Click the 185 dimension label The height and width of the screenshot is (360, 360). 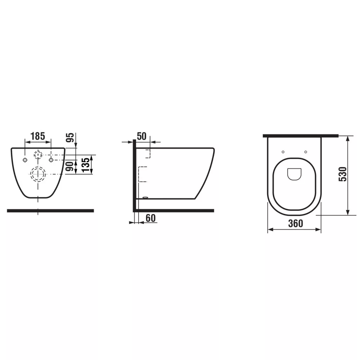click(x=38, y=136)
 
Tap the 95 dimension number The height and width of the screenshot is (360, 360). click(x=71, y=138)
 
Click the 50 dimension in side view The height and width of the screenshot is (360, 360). click(x=141, y=136)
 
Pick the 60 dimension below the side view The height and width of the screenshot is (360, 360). click(x=150, y=218)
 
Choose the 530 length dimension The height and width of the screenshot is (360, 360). click(x=343, y=174)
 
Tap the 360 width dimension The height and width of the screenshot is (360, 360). click(x=296, y=224)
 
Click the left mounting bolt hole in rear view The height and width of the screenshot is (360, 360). click(x=25, y=160)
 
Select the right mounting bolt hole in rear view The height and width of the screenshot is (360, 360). click(x=51, y=159)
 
